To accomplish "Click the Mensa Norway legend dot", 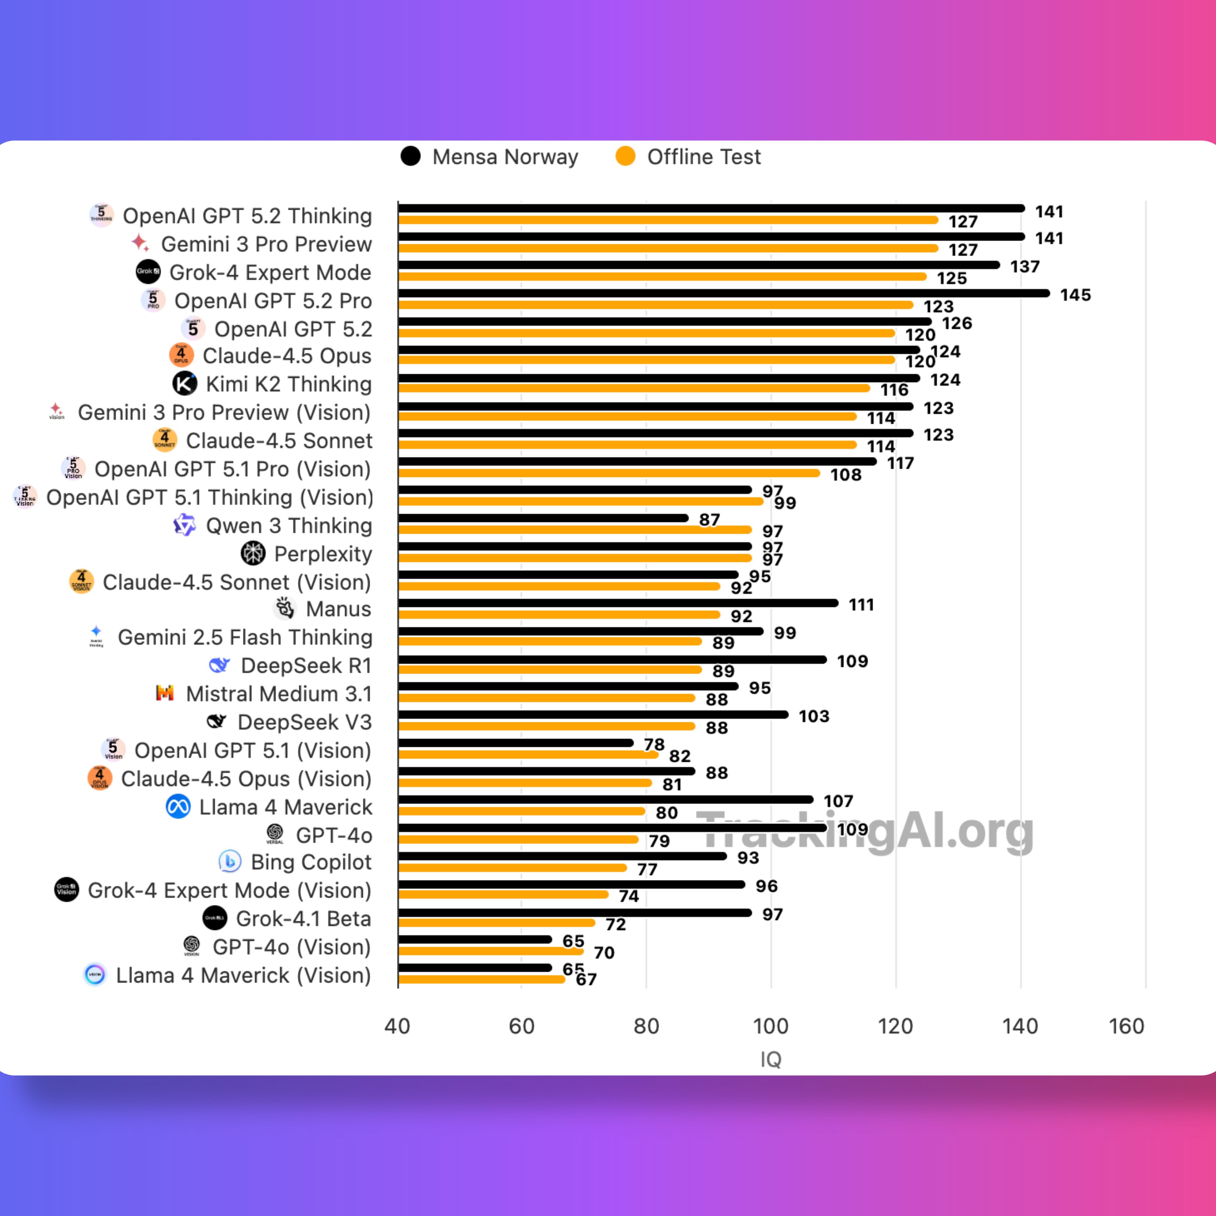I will coord(410,156).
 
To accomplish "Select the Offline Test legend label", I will coord(704,157).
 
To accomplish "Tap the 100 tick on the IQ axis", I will coord(771,1026).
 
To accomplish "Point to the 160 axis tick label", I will coord(1126,1026).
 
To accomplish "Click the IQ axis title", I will coord(771,1059).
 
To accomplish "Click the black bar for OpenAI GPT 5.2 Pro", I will coord(724,293).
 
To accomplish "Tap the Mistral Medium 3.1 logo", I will coord(165,693).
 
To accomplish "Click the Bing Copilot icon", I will coord(230,861).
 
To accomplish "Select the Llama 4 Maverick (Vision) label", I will coord(243,975).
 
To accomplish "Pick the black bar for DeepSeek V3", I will coord(593,714).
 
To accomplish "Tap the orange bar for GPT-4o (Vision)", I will coord(491,951).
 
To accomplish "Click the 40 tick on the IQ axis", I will coord(397,1026).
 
